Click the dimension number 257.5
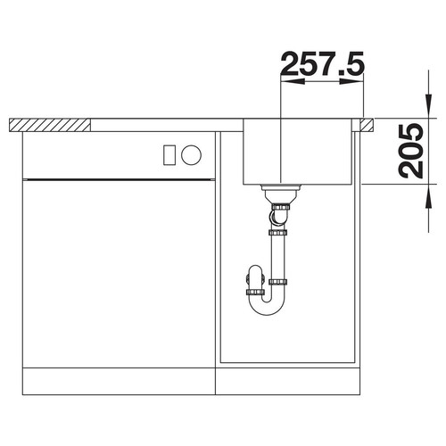[x=322, y=63]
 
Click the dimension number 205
[x=410, y=152]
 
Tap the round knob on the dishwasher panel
[x=191, y=154]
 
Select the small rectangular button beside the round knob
[x=169, y=154]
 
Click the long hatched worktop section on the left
[x=50, y=125]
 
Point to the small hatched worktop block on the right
[x=367, y=125]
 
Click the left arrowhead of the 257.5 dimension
[x=293, y=81]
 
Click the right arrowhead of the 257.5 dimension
[x=351, y=81]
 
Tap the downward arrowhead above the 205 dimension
[x=428, y=106]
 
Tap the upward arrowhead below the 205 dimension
[x=428, y=196]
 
